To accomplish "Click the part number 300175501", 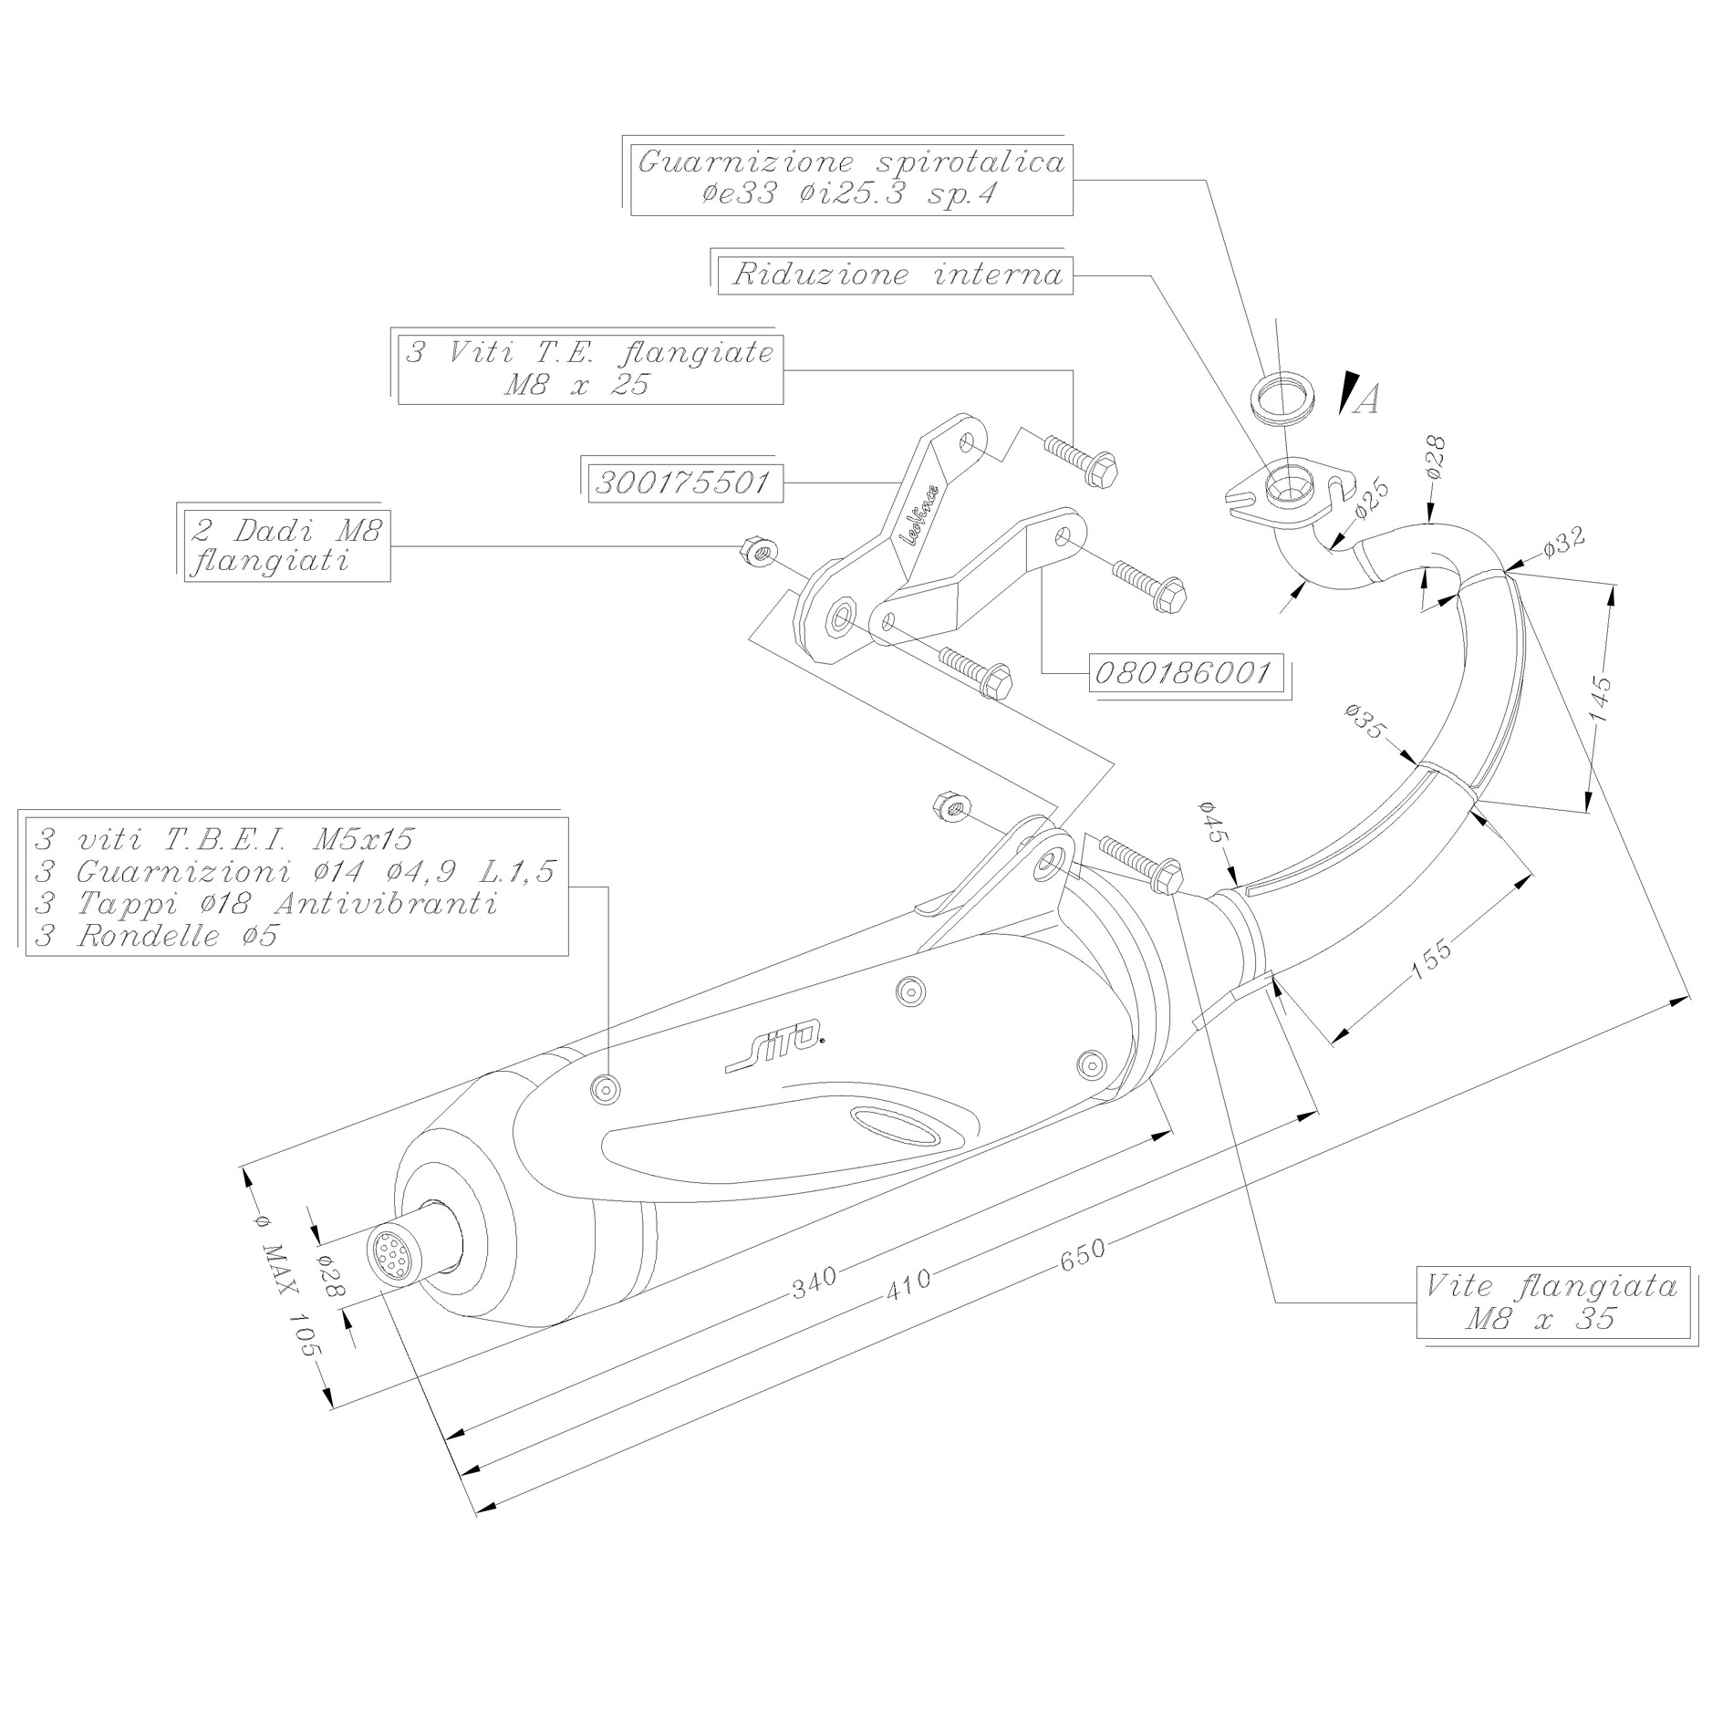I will (x=681, y=482).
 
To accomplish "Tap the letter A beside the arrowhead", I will (x=1365, y=399).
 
